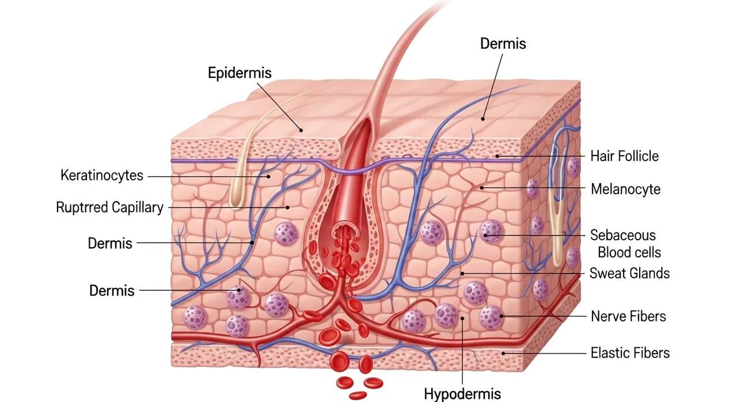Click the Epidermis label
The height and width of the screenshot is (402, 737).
click(x=240, y=73)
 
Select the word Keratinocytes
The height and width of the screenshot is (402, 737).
click(x=102, y=175)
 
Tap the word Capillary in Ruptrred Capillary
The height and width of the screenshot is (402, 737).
click(x=137, y=208)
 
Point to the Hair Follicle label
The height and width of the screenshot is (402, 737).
click(x=625, y=156)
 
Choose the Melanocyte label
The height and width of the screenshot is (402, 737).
click(x=625, y=189)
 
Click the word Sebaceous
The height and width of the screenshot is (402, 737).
click(x=623, y=235)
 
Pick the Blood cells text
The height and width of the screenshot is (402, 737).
click(x=629, y=252)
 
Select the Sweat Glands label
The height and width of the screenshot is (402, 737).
click(x=629, y=273)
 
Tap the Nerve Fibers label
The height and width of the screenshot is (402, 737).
click(x=628, y=316)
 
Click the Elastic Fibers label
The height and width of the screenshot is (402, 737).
click(x=630, y=353)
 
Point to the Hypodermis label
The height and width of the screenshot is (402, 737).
click(x=462, y=393)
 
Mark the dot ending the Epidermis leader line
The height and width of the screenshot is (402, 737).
click(x=301, y=130)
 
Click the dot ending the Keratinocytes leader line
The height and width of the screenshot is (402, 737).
click(x=268, y=177)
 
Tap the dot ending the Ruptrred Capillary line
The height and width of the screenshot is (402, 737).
click(x=287, y=207)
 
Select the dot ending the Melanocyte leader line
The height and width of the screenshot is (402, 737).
click(x=481, y=188)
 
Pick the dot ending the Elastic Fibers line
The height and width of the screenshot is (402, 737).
click(x=503, y=353)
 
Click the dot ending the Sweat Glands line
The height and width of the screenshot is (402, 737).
click(x=462, y=274)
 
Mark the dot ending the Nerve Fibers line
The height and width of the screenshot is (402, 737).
click(x=502, y=316)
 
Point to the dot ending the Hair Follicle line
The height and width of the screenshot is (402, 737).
click(x=497, y=156)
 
